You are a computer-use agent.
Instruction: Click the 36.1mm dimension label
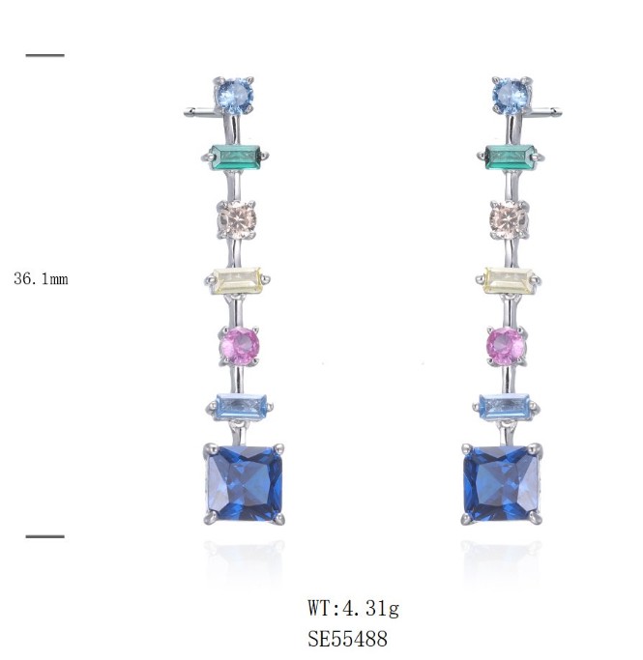[41, 278]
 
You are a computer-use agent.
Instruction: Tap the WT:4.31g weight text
[353, 608]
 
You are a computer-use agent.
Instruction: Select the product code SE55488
[347, 639]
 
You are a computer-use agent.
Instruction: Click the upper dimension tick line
[45, 55]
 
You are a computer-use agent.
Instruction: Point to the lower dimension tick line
[45, 536]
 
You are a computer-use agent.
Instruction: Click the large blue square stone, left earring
[245, 483]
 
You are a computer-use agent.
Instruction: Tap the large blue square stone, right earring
[501, 484]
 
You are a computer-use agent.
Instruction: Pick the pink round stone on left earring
[239, 346]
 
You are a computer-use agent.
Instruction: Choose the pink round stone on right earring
[506, 346]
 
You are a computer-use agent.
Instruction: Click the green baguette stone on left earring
[235, 157]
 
